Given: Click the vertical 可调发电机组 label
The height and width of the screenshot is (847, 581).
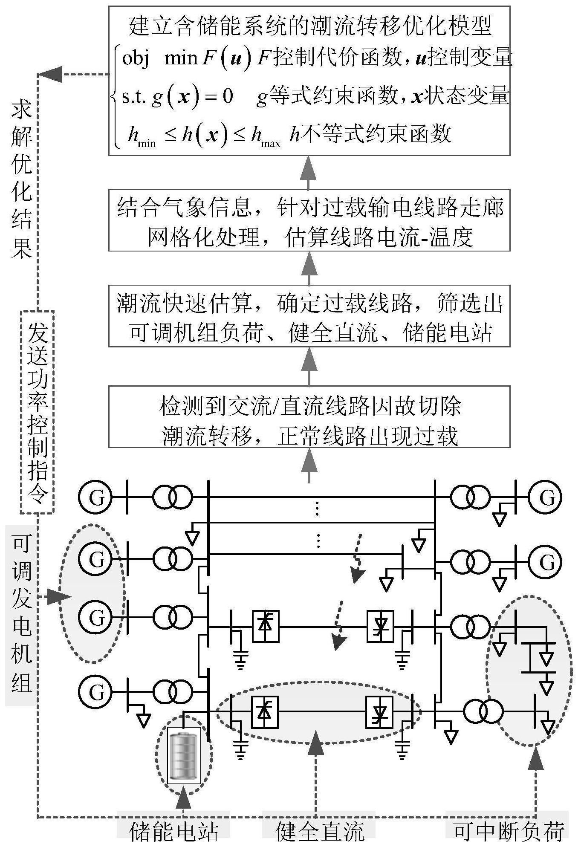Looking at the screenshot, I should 21,614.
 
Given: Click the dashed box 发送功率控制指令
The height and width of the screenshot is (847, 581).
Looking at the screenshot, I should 38,411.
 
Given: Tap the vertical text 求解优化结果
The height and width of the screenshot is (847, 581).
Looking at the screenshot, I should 21,181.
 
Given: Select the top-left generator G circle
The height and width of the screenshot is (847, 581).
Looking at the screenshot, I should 95,497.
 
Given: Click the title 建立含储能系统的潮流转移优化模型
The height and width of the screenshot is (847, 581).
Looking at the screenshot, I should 309,26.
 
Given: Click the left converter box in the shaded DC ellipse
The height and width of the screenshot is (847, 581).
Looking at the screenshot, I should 265,712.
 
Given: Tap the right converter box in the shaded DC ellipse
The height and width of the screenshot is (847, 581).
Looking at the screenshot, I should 380,712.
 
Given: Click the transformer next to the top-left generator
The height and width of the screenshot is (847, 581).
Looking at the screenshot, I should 173,497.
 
